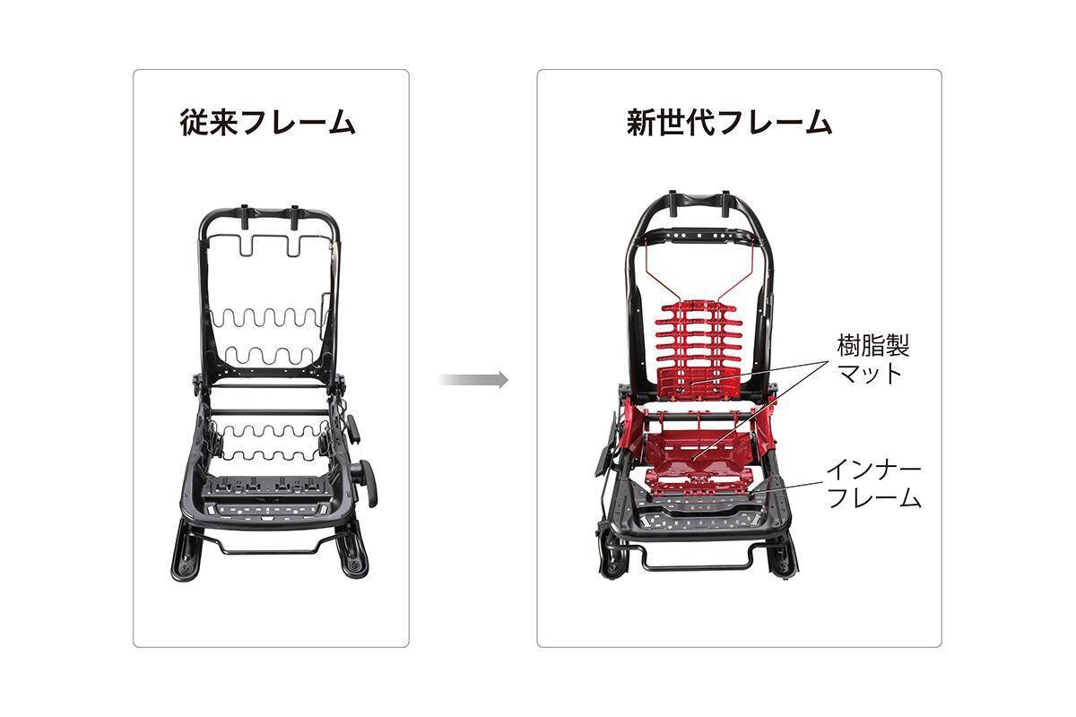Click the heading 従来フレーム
click(267, 123)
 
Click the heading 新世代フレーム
click(729, 123)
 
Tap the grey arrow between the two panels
click(473, 379)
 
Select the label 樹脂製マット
click(873, 359)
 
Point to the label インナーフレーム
click(873, 484)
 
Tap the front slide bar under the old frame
click(270, 546)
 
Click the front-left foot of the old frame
click(184, 552)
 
